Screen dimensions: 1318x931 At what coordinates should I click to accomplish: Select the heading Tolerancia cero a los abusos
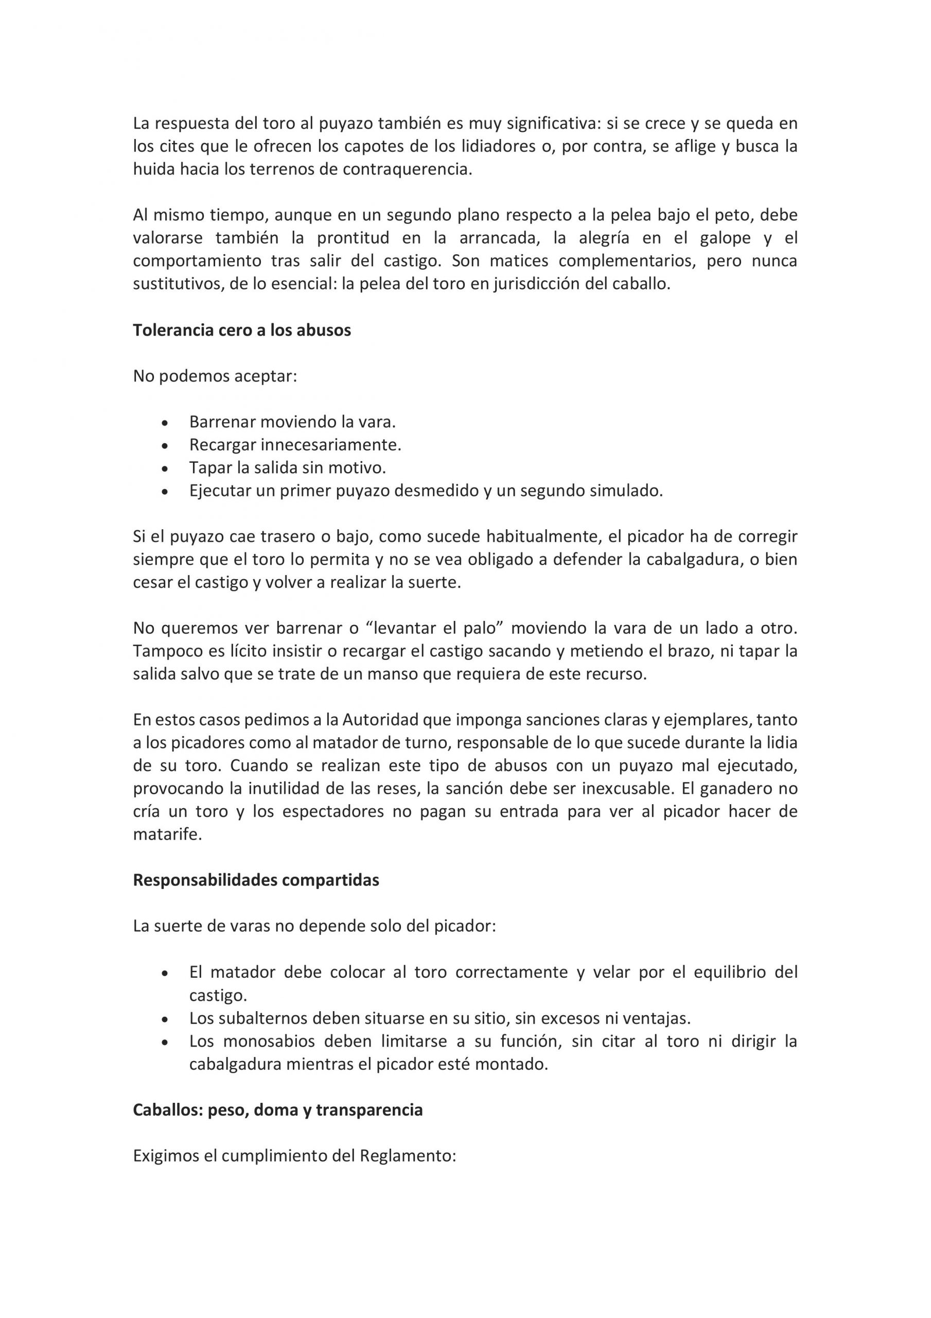[242, 330]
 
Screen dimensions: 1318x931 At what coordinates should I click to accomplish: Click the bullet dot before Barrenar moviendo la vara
[165, 423]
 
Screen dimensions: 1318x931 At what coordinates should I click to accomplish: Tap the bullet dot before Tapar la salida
[165, 469]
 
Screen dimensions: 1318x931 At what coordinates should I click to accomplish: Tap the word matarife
[167, 835]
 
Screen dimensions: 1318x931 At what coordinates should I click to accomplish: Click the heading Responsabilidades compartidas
[256, 880]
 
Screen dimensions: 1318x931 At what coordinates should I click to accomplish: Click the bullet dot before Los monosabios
[165, 1043]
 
